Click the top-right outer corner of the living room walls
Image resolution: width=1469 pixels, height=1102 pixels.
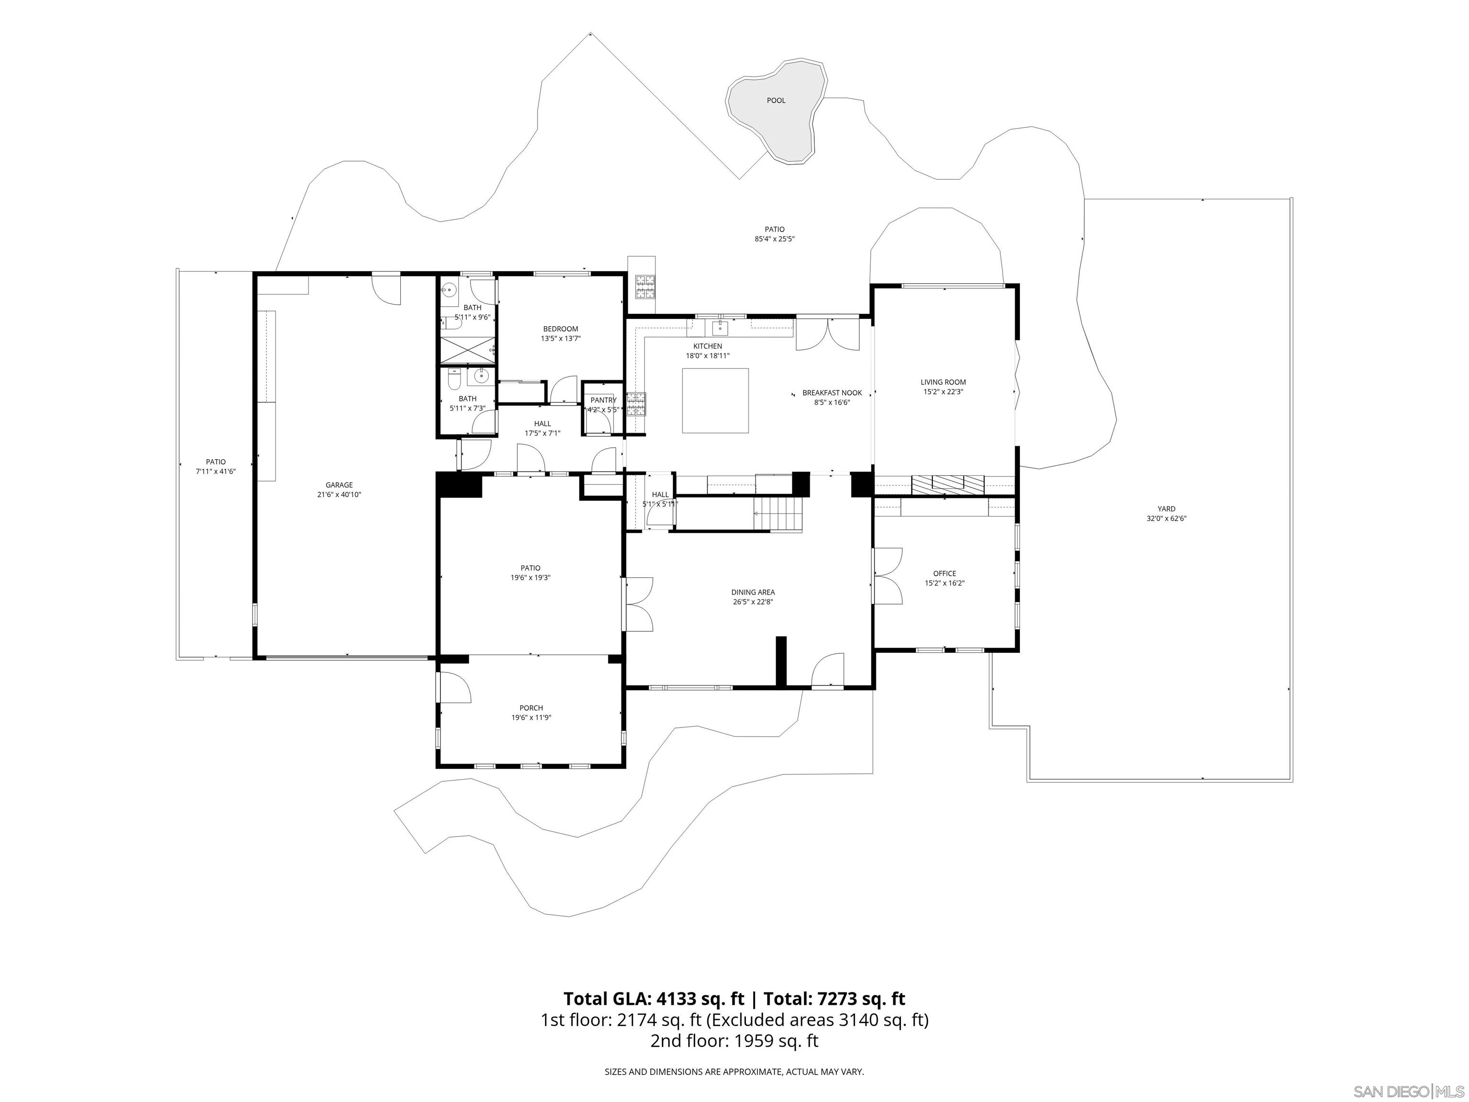1020,284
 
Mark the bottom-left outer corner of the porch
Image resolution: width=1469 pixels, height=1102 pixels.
436,769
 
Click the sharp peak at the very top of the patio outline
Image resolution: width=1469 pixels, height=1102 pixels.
590,33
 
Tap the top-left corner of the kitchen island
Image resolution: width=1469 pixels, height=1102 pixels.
683,369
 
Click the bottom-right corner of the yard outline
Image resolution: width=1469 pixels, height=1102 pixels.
1293,782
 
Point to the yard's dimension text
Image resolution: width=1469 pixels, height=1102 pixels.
1166,519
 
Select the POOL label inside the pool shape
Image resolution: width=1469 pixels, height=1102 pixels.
776,101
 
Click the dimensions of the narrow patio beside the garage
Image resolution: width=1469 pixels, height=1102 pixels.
216,471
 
